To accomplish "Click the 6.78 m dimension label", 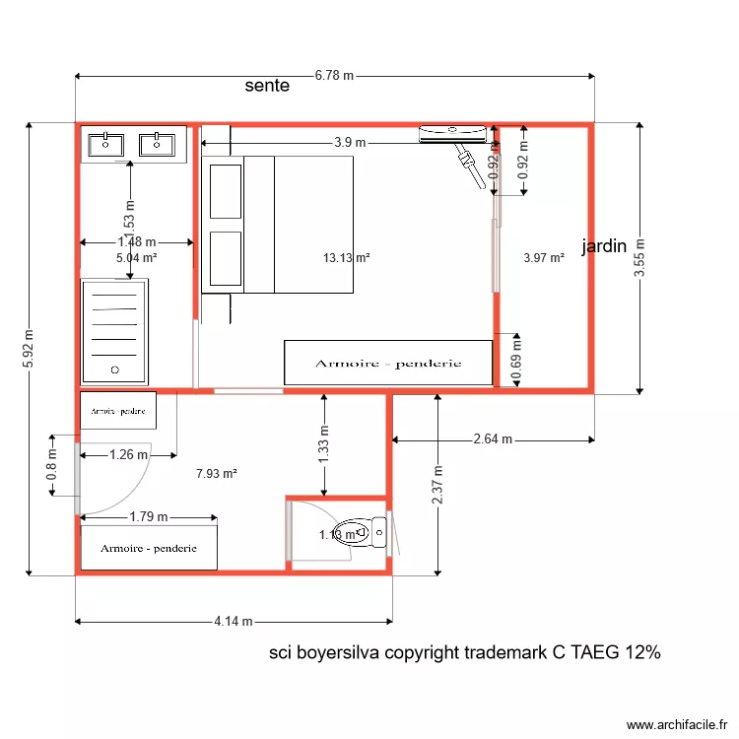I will (334, 76).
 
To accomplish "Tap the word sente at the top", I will (267, 86).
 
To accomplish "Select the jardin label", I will (604, 246).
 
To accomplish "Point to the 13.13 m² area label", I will (346, 258).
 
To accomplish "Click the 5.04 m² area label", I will (137, 258).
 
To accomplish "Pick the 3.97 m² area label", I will (544, 258).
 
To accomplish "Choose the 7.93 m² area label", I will (217, 473).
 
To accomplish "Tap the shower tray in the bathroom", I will (114, 331).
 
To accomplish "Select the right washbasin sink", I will (156, 145).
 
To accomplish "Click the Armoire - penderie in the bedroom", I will (388, 363).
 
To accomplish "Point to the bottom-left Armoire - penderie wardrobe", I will (148, 548).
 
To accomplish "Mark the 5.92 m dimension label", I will (28, 349).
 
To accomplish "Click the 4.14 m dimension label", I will (234, 622).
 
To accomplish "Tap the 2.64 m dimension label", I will (493, 439).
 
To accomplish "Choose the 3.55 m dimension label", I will (639, 258).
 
